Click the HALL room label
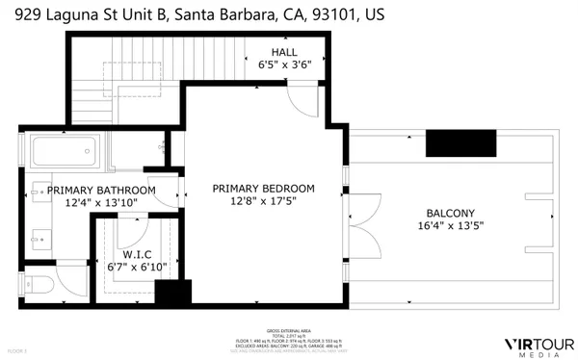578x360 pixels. click(x=283, y=52)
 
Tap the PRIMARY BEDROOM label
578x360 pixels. click(x=263, y=189)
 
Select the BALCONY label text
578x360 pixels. click(x=451, y=213)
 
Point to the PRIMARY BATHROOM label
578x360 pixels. click(x=100, y=191)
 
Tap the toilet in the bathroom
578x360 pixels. click(x=41, y=284)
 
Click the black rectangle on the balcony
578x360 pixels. click(x=460, y=142)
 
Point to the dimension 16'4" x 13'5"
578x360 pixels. click(x=450, y=227)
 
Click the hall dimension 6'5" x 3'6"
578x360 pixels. click(x=283, y=65)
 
